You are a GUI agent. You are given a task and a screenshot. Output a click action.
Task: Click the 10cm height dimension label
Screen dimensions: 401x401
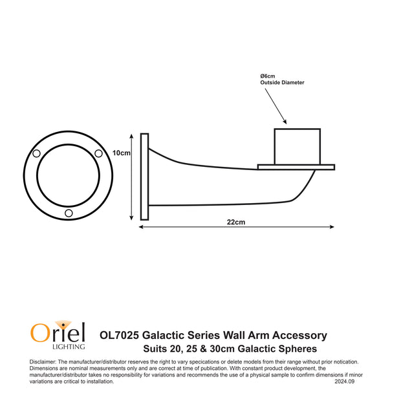[x=122, y=153]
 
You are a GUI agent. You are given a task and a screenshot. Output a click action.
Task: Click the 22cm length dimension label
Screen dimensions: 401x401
[x=235, y=222]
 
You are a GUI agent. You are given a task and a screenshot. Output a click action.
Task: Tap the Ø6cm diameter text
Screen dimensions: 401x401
[x=268, y=76]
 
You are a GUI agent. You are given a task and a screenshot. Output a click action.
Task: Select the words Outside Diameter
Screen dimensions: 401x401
[x=282, y=83]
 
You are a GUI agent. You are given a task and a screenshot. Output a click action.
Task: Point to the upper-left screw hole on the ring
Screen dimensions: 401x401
[x=37, y=153]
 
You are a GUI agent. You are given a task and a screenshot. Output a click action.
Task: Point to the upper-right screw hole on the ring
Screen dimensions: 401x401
[x=98, y=153]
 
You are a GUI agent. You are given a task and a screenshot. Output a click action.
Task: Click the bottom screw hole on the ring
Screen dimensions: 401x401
[x=69, y=213]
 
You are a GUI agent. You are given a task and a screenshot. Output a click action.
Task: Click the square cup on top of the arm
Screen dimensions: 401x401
[x=298, y=146]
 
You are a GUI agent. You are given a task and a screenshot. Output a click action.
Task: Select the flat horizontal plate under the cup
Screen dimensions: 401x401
[x=296, y=167]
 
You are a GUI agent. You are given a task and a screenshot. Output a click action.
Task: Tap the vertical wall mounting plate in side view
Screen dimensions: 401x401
[x=144, y=177]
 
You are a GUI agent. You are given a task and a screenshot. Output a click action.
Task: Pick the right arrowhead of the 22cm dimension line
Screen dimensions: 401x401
[x=331, y=227]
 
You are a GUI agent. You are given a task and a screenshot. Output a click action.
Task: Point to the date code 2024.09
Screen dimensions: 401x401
[x=345, y=382]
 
